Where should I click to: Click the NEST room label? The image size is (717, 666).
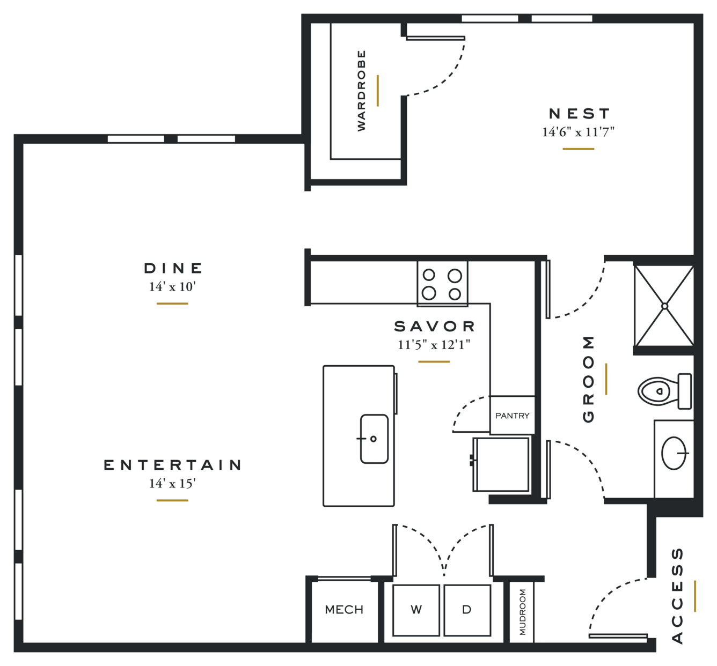pyautogui.click(x=579, y=114)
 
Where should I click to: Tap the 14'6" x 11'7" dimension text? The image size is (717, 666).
pyautogui.click(x=579, y=132)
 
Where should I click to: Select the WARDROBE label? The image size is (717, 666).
pyautogui.click(x=361, y=91)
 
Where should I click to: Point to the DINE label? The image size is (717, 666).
pyautogui.click(x=173, y=269)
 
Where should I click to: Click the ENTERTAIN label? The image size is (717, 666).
pyautogui.click(x=173, y=465)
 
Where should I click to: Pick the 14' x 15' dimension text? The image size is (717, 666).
pyautogui.click(x=173, y=484)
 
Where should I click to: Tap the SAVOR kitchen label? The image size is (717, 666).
pyautogui.click(x=434, y=327)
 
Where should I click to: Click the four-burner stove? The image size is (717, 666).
pyautogui.click(x=442, y=284)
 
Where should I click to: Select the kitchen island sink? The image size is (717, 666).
pyautogui.click(x=374, y=439)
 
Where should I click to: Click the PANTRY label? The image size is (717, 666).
pyautogui.click(x=513, y=416)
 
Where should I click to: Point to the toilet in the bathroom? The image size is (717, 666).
pyautogui.click(x=664, y=391)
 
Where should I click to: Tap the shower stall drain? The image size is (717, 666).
pyautogui.click(x=664, y=306)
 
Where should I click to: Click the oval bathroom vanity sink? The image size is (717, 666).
pyautogui.click(x=674, y=453)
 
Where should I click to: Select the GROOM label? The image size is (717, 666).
pyautogui.click(x=588, y=379)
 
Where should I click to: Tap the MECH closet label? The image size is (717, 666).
pyautogui.click(x=344, y=610)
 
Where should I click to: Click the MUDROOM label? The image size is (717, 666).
pyautogui.click(x=522, y=612)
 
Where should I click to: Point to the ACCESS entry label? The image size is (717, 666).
pyautogui.click(x=677, y=596)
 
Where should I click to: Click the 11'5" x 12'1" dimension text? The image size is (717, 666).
pyautogui.click(x=434, y=345)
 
